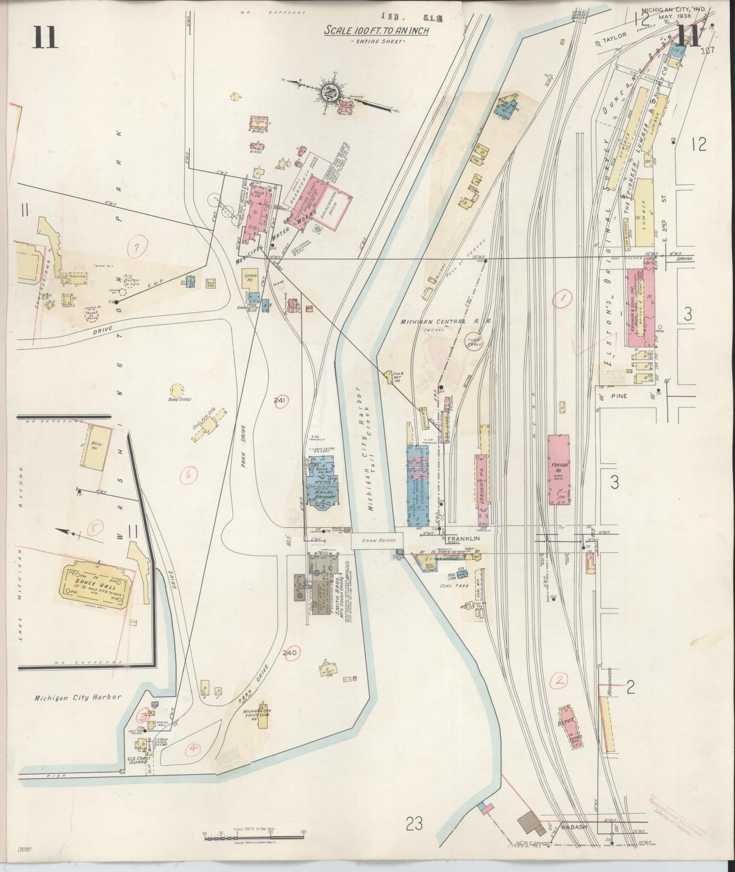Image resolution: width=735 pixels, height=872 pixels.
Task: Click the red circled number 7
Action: coord(136,248)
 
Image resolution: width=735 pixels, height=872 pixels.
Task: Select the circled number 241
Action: coord(279,400)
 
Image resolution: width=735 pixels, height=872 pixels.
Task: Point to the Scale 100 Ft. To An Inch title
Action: coord(377,31)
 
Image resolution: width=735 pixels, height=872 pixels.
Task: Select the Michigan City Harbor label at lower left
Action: coord(77,697)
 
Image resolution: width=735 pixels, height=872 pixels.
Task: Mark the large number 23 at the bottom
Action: coord(415,823)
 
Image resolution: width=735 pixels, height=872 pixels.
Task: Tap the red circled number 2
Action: coord(560,680)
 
